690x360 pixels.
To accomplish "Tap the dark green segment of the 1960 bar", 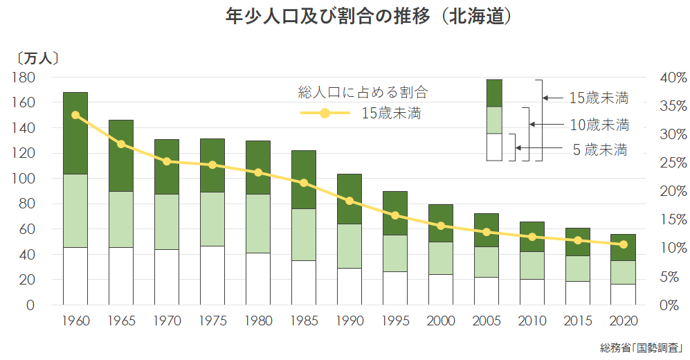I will [x=75, y=133].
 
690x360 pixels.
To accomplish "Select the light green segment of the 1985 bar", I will [x=303, y=234].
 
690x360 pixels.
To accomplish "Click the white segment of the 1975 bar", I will [x=212, y=275].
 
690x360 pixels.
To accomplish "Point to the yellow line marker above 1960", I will [x=75, y=116].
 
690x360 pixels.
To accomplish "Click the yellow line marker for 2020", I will [x=623, y=244].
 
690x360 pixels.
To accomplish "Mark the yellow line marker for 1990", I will [x=349, y=201].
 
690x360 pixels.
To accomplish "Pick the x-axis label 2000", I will [x=440, y=322].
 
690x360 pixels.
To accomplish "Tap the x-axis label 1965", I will [x=120, y=322].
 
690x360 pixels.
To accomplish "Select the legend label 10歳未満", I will [x=599, y=125].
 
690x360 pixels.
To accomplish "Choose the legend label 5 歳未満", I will [x=599, y=150].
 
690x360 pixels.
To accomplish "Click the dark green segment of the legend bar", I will [x=494, y=93].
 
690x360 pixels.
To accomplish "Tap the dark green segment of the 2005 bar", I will [x=486, y=230].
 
